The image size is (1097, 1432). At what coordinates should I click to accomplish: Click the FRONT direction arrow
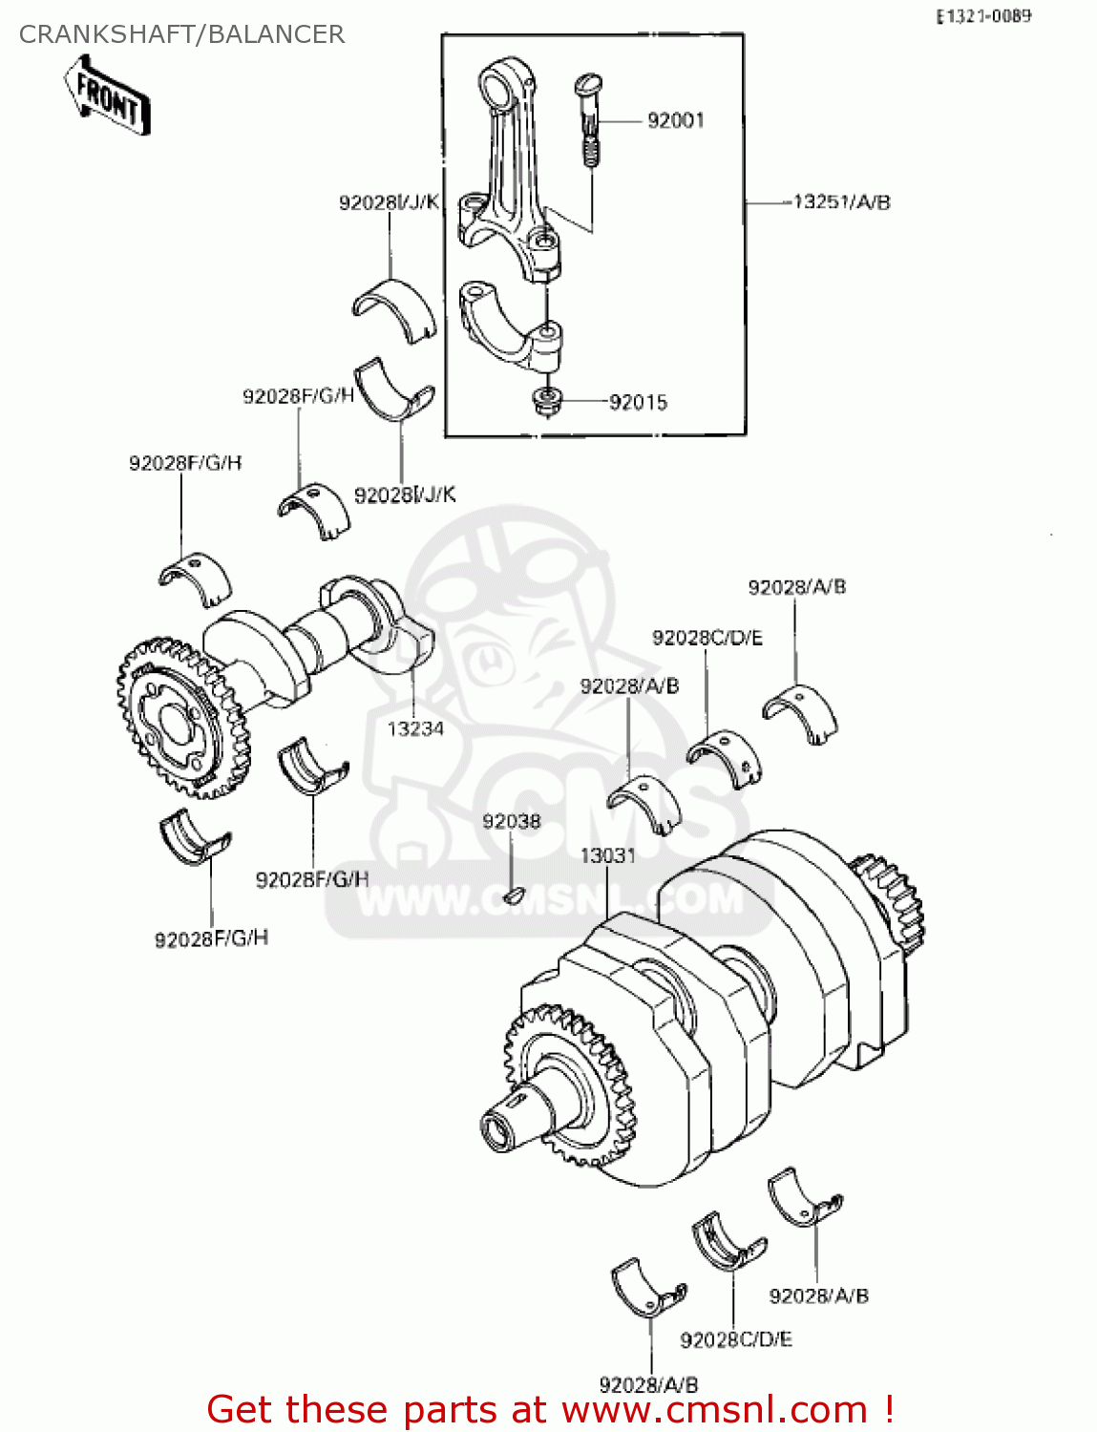tap(108, 95)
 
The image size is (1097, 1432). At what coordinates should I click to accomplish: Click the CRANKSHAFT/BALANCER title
tap(181, 34)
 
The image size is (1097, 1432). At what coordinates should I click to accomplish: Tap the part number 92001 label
tap(675, 120)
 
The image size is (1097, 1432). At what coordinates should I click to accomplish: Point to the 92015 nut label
tap(638, 403)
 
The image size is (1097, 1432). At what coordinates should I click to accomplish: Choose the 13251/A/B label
tap(841, 202)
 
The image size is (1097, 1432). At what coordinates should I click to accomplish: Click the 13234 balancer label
tap(415, 728)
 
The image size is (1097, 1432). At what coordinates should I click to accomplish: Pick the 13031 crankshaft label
tap(608, 855)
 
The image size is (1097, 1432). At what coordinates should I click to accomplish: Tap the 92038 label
tap(511, 821)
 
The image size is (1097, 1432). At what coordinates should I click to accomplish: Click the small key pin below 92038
tap(513, 895)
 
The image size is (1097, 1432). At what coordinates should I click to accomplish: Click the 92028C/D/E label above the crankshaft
tap(707, 638)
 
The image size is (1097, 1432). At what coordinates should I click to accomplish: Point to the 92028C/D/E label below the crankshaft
tap(735, 1339)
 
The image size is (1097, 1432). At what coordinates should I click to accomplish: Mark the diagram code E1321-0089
tap(982, 16)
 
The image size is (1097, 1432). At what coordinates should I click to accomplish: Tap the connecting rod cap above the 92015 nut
tap(511, 325)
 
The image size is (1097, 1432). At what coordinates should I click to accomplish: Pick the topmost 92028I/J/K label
tap(389, 202)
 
